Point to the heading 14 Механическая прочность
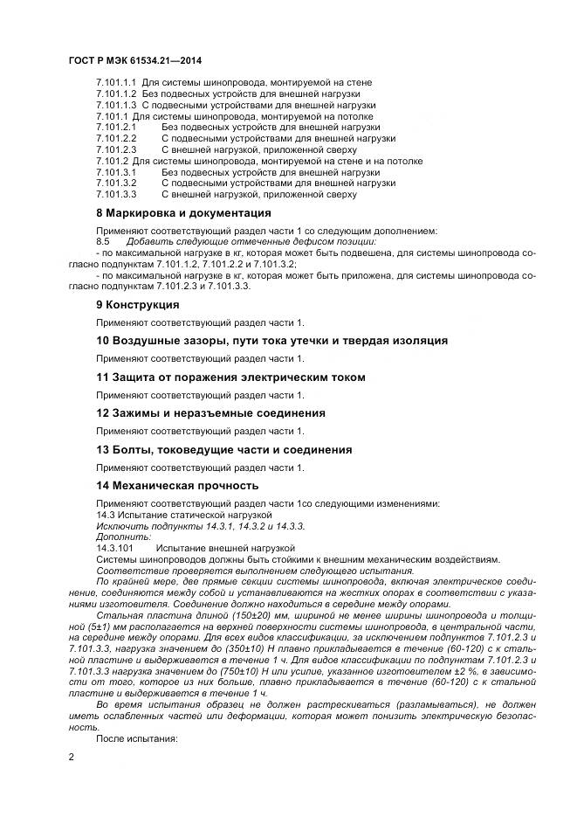[176, 485]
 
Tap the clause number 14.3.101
[115, 548]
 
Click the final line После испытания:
[136, 738]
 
